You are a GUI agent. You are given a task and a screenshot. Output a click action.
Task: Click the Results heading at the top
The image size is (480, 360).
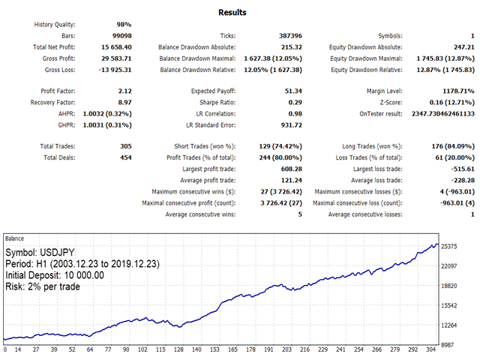tap(232, 13)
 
